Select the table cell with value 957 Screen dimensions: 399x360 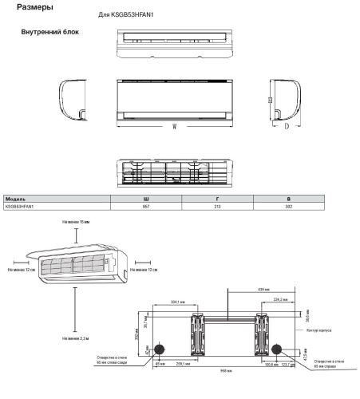[x=144, y=206]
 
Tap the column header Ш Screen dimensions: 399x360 [x=144, y=198]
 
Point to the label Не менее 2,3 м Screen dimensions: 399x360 [x=75, y=338]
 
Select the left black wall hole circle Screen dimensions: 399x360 [x=160, y=350]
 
